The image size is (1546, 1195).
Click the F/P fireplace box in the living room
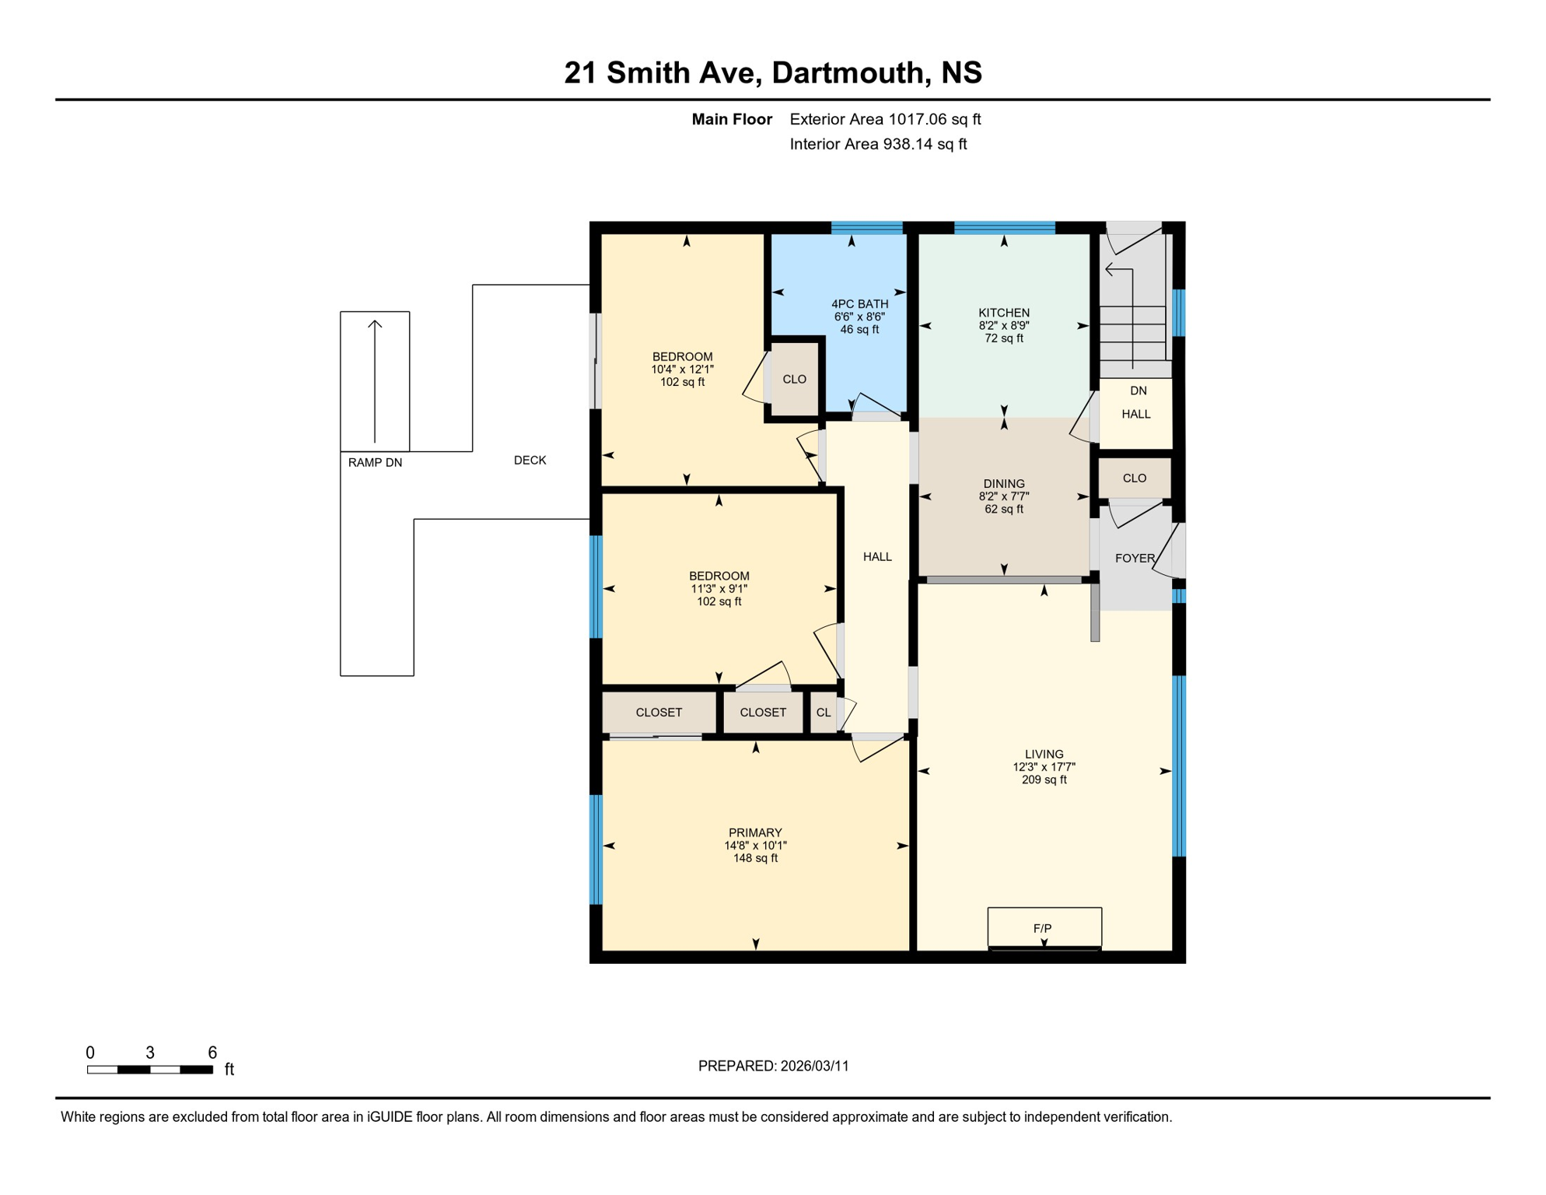click(x=1044, y=927)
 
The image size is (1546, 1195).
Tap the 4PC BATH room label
click(x=859, y=304)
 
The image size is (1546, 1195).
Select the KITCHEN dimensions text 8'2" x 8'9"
click(x=1004, y=326)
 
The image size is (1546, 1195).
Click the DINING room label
click(x=1004, y=483)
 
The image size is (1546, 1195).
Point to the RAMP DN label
click(x=375, y=462)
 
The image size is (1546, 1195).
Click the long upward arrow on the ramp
click(x=375, y=381)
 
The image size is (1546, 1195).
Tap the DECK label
click(x=530, y=460)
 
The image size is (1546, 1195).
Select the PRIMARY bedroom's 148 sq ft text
click(x=755, y=858)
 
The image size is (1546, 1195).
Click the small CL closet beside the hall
click(x=823, y=713)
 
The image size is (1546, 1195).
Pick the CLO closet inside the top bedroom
click(x=794, y=380)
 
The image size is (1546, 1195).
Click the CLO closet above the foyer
click(x=1134, y=478)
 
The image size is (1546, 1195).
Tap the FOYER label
click(x=1135, y=558)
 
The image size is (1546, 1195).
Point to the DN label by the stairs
click(x=1138, y=391)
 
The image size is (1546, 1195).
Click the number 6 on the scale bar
click(x=212, y=1053)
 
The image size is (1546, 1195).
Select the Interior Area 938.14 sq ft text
click(x=878, y=144)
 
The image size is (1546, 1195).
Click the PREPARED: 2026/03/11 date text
click(x=773, y=1066)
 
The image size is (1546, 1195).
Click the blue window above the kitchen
click(x=1004, y=228)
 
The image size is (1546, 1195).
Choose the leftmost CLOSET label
click(x=659, y=713)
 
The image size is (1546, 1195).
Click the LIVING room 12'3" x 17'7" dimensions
click(x=1044, y=767)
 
